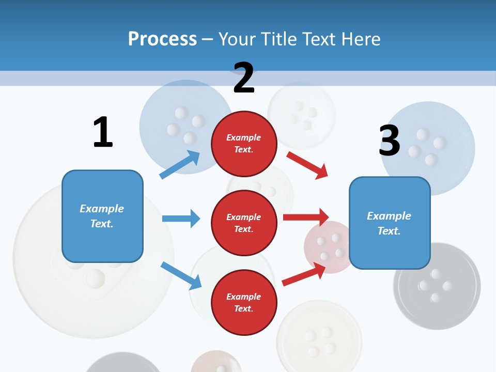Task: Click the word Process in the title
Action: click(x=162, y=39)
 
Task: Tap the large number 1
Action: click(x=103, y=132)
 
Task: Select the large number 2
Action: click(x=244, y=78)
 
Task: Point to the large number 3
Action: click(x=390, y=141)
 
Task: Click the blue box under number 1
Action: click(x=102, y=216)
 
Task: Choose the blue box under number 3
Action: click(x=390, y=223)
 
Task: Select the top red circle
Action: click(x=244, y=144)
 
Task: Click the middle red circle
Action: click(x=244, y=223)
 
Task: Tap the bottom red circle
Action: click(x=244, y=302)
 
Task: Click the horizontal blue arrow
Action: click(x=181, y=219)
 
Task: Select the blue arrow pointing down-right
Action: click(x=181, y=275)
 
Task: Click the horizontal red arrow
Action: click(x=306, y=218)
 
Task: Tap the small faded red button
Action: click(x=327, y=245)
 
